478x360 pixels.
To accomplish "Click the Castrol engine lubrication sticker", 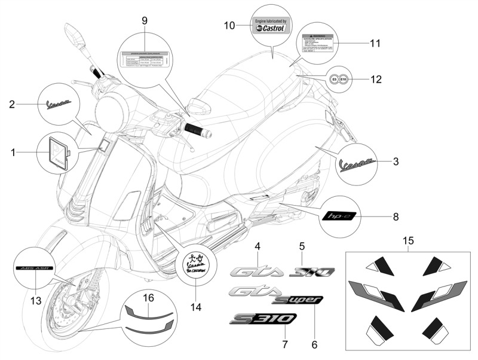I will (x=271, y=26).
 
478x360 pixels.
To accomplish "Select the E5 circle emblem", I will (x=336, y=78).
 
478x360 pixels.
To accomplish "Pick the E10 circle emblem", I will (x=347, y=78).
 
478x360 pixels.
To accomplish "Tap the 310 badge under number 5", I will (x=312, y=272).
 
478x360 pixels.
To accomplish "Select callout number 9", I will (x=145, y=20).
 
